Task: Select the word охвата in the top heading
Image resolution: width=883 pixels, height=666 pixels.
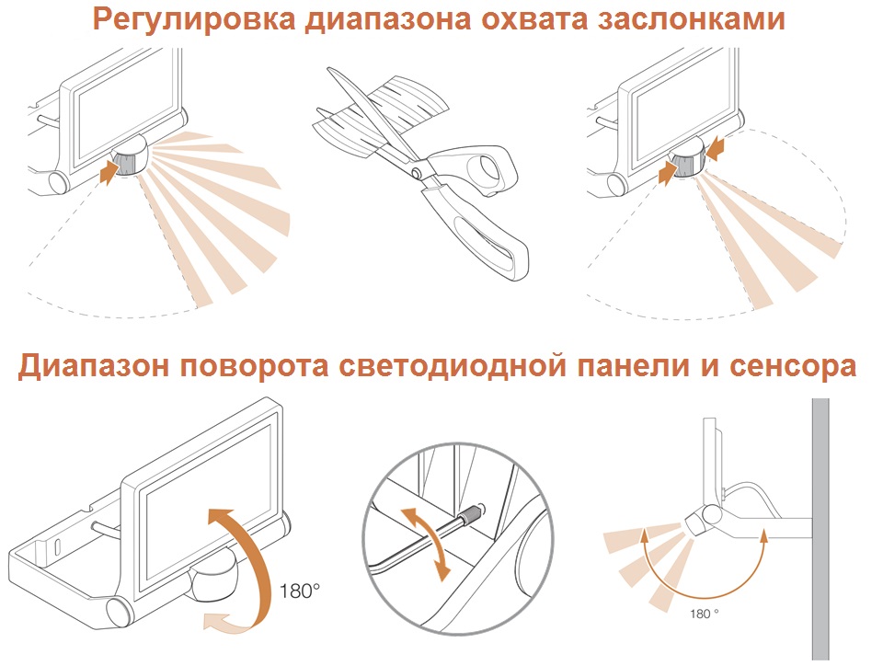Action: [x=526, y=19]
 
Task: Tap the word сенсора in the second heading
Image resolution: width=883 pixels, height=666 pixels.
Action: [x=792, y=366]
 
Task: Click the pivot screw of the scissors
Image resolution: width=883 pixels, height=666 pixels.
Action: [x=418, y=171]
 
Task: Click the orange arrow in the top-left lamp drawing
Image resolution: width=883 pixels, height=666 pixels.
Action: [x=109, y=172]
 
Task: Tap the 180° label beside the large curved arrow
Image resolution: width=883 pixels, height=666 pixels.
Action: [x=300, y=591]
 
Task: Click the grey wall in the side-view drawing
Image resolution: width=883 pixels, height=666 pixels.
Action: [x=820, y=529]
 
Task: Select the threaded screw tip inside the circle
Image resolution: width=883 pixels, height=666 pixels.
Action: [x=471, y=513]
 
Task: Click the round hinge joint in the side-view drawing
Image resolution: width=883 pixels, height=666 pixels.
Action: [x=711, y=513]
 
